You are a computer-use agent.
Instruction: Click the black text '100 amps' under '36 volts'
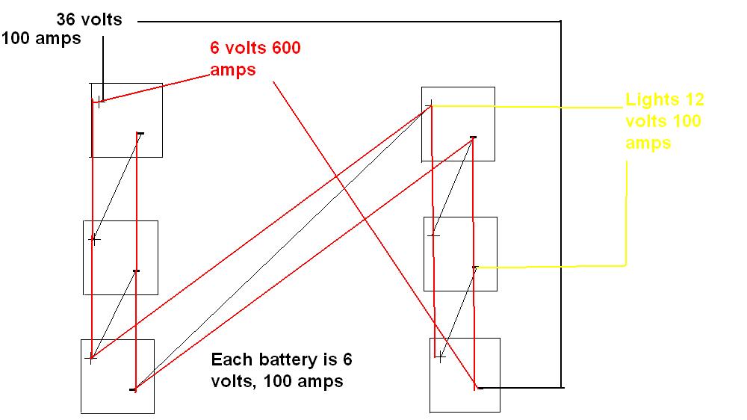42,38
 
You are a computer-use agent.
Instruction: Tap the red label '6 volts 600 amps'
256,59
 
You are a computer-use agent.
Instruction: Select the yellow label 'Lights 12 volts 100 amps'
664,120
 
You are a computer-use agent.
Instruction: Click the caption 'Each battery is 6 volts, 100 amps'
280,371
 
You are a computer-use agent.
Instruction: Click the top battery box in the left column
125,120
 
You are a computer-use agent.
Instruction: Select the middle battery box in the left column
120,257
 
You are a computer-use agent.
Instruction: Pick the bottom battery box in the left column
117,376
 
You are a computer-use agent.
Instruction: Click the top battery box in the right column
458,124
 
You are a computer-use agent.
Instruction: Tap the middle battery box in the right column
460,253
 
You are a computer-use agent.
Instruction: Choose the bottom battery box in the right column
465,374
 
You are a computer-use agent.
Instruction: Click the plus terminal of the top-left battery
97,101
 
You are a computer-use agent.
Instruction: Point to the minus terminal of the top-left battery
140,134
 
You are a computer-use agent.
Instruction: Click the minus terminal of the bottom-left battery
133,389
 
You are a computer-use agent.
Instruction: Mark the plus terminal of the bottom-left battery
91,359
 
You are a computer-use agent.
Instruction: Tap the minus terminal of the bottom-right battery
478,388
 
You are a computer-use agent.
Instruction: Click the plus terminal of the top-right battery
430,105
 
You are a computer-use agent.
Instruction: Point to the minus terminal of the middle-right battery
475,267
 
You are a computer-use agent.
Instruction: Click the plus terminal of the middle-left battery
93,239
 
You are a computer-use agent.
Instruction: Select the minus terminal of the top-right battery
473,138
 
